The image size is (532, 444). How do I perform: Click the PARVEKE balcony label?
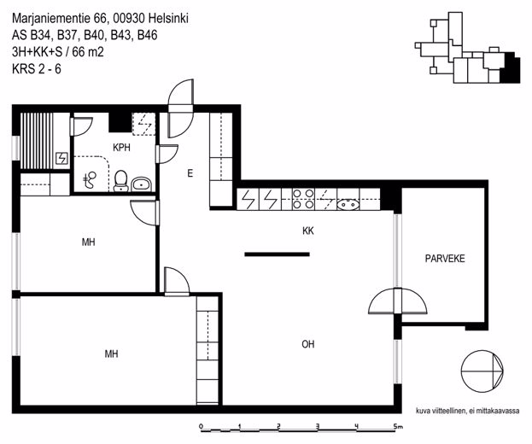pos(445,259)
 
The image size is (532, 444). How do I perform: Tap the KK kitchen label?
pos(308,231)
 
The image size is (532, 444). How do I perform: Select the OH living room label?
pos(307,344)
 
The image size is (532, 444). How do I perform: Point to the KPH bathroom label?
pos(121,147)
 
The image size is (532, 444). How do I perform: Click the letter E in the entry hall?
pos(190,173)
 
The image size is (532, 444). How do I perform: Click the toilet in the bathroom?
pos(120,180)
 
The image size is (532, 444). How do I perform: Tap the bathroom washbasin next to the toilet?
pos(141,184)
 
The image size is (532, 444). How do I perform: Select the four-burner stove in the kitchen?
pos(303,199)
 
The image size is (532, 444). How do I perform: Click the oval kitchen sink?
pos(348,205)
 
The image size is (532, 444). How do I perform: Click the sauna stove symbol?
pos(61,159)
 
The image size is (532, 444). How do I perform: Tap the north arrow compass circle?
pos(482,371)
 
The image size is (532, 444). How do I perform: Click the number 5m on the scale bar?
pos(398,426)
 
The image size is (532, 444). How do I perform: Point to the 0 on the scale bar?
pos(201,426)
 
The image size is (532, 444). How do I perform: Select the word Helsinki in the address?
pos(168,18)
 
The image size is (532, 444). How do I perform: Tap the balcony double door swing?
pos(398,301)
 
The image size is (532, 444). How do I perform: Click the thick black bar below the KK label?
pos(278,254)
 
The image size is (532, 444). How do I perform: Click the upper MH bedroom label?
pos(88,242)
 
